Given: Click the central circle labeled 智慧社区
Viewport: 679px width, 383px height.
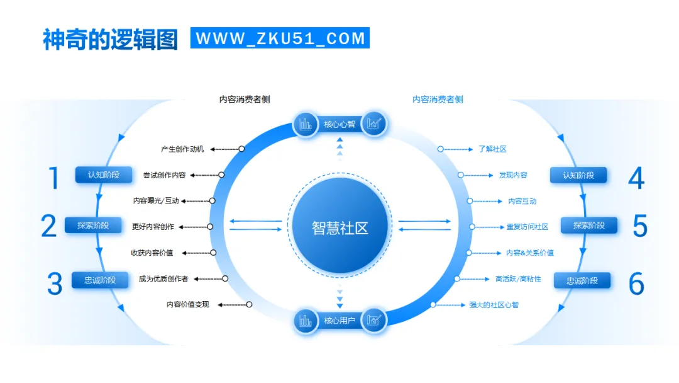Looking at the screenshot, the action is (339, 227).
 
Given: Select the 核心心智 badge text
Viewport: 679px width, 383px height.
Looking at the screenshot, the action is (339, 124).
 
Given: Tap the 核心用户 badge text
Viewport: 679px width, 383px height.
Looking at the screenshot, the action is (339, 321).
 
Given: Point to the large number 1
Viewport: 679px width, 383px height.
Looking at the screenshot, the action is (54, 178).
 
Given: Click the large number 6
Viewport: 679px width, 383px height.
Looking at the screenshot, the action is (636, 284).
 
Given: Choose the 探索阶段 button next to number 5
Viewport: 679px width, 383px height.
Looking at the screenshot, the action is (588, 225).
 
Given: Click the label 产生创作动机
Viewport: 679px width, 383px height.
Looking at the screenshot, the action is (182, 149).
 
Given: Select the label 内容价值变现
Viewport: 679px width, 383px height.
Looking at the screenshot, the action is (188, 304).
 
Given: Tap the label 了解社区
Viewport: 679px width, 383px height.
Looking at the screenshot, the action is (492, 149).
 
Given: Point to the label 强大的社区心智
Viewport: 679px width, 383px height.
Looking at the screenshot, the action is (494, 305).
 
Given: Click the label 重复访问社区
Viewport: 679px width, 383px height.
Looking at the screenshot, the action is (527, 227).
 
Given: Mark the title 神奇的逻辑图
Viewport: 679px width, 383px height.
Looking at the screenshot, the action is (111, 38).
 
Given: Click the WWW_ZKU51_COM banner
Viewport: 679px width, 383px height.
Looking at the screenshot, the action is (280, 38).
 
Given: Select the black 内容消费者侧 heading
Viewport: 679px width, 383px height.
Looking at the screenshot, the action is (245, 100).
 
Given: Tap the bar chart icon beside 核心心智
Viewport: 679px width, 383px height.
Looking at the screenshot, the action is (306, 124).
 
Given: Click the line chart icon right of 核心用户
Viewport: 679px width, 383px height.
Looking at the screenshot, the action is (374, 321).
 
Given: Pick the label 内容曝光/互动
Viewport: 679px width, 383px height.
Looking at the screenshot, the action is (157, 201).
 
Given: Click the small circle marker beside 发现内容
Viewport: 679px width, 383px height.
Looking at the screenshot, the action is (461, 175).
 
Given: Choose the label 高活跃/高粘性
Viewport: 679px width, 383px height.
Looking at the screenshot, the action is (518, 278).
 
